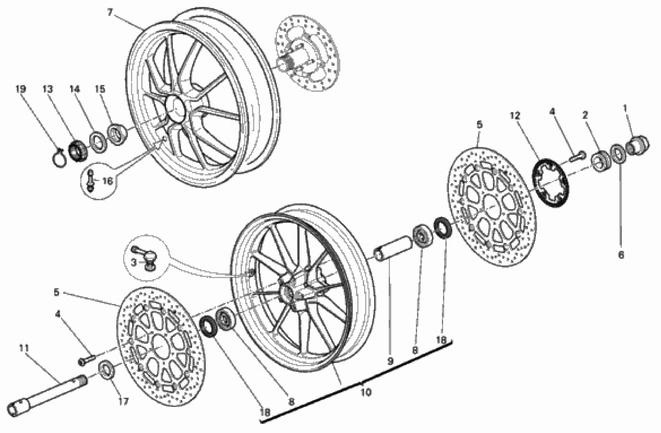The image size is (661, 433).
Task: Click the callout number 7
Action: click(110, 12)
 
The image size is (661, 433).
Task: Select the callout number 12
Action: click(515, 115)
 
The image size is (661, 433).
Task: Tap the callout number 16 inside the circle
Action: click(107, 181)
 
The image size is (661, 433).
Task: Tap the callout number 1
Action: click(625, 108)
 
